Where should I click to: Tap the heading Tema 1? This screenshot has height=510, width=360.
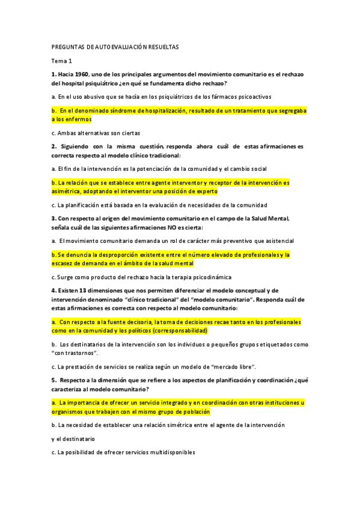click(61, 61)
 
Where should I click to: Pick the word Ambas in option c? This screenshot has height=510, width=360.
click(66, 134)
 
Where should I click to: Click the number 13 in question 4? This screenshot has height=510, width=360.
click(84, 290)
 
